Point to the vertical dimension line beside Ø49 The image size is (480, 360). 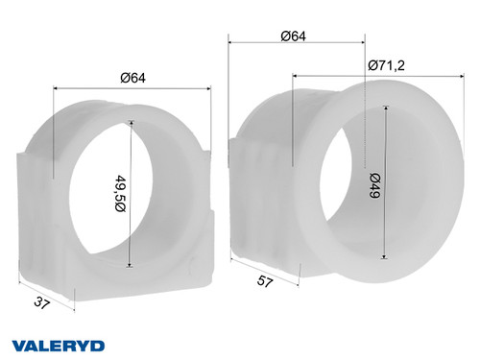(385, 182)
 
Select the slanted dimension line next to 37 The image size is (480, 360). (46, 294)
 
